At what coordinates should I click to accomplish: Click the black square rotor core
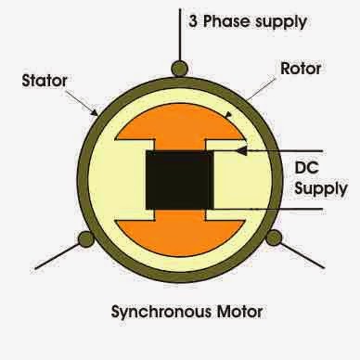(179, 178)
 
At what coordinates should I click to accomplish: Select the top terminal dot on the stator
(177, 68)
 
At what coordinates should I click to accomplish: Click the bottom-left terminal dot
(85, 238)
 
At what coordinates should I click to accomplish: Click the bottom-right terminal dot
(273, 238)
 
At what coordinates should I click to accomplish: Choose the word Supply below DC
(321, 189)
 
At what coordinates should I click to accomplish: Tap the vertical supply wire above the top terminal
(177, 32)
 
